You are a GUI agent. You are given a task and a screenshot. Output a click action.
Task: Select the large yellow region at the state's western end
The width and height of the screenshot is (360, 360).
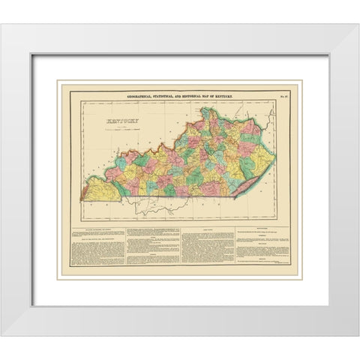click(x=100, y=190)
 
